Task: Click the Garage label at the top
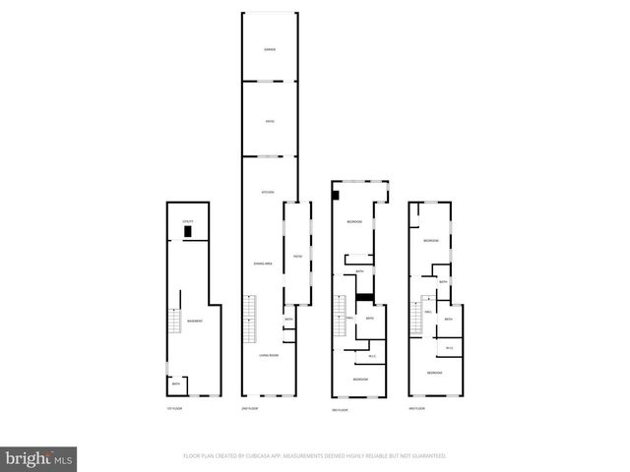[269, 49]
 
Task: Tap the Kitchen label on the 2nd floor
[266, 191]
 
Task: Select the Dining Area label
[262, 263]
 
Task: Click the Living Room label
[269, 355]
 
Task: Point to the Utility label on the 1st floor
[187, 223]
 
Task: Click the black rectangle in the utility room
[187, 233]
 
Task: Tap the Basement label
[195, 322]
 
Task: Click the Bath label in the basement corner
[175, 384]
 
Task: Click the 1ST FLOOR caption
[174, 408]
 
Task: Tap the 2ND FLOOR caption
[250, 408]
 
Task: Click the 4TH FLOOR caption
[417, 408]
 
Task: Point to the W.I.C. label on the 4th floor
[449, 347]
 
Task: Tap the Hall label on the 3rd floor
[350, 318]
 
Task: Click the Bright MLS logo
[38, 457]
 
